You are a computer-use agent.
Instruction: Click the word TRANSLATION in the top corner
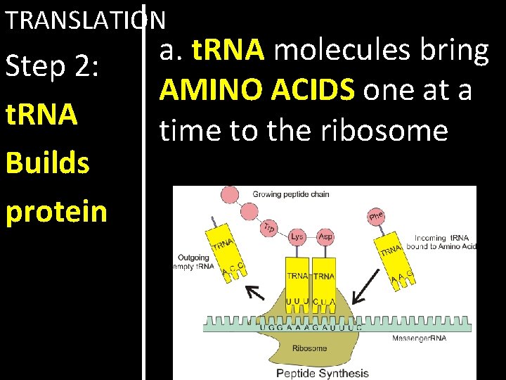[x=85, y=20]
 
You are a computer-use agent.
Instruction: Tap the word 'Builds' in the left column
[x=48, y=163]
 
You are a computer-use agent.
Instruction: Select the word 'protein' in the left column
[x=57, y=211]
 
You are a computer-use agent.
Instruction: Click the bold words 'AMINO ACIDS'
[x=257, y=90]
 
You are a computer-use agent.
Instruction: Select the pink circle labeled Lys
[x=297, y=236]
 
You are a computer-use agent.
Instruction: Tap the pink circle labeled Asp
[x=325, y=236]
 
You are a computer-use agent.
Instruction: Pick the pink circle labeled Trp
[x=268, y=227]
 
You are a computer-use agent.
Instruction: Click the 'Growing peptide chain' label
[x=290, y=194]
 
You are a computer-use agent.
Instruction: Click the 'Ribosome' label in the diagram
[x=310, y=348]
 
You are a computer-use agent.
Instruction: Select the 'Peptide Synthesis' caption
[x=322, y=372]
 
